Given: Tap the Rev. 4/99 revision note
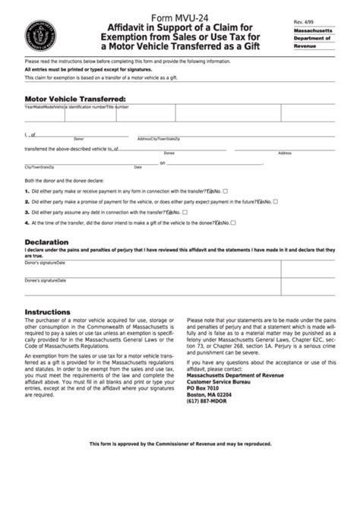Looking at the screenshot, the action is pos(302,24).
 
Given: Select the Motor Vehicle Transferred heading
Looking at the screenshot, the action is pos(75,99).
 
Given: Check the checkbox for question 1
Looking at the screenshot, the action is pos(226,191).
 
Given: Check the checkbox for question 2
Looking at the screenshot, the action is pos(276,202).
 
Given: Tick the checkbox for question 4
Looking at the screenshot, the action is pos(233,223).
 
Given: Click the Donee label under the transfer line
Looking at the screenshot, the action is pos(169,153).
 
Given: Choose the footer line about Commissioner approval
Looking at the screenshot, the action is pos(180,443).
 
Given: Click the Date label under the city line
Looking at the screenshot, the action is pos(138,167).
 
